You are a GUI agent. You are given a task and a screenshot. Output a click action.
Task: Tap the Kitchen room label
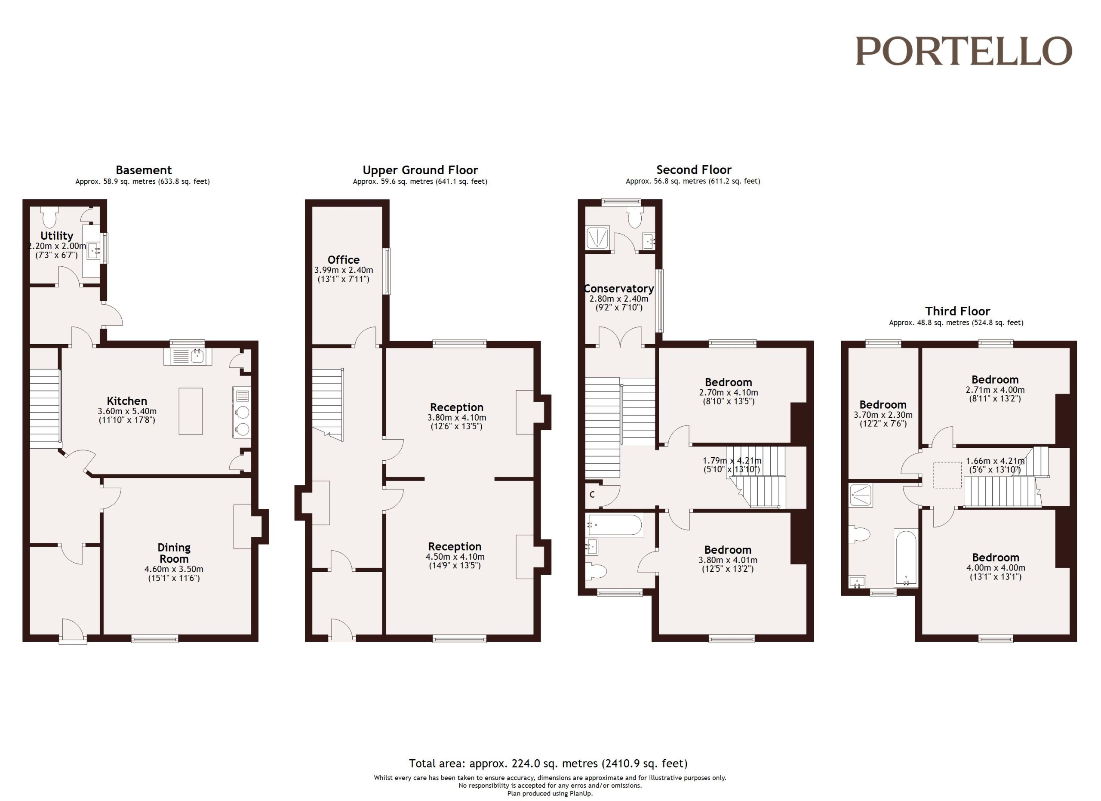(127, 401)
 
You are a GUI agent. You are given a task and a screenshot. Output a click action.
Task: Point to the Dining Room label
(174, 553)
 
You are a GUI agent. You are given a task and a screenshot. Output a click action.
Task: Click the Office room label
(344, 260)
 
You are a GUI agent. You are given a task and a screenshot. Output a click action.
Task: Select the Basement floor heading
(144, 170)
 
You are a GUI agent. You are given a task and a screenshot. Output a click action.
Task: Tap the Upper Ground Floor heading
(420, 170)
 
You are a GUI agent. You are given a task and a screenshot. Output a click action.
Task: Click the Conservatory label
(619, 288)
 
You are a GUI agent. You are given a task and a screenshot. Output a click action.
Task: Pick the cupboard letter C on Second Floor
(592, 495)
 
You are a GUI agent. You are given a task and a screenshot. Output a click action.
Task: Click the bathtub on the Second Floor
(615, 525)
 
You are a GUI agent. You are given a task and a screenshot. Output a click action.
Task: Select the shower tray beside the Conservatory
(598, 238)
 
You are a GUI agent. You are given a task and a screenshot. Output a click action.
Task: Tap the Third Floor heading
(957, 311)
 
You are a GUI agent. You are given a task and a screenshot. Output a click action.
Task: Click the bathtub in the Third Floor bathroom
(906, 558)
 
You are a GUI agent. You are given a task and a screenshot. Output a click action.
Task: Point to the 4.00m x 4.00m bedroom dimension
(996, 568)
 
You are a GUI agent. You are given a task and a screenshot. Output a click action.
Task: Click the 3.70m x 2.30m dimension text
(883, 415)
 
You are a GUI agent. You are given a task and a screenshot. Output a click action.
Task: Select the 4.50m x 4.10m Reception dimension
(455, 557)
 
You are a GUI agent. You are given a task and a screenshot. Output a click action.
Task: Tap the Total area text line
(548, 764)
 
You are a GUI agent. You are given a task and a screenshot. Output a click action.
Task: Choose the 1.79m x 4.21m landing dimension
(732, 461)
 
